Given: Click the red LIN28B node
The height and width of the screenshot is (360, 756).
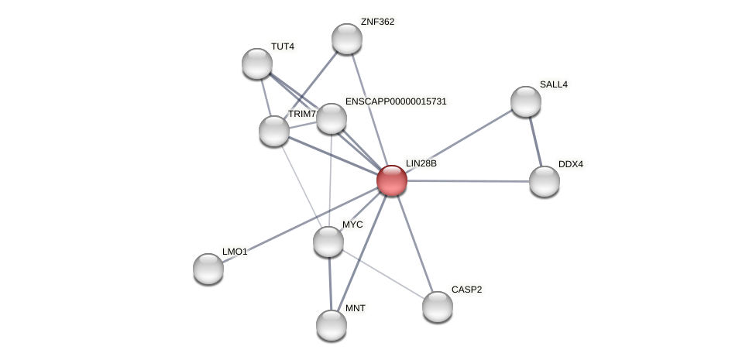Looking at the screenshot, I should coord(392,180).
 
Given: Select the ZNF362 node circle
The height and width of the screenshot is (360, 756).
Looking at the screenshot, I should coord(347,39).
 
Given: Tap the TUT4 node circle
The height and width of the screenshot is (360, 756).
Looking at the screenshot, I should coord(257,63).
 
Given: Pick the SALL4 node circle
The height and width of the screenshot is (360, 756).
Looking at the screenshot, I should coord(526,101).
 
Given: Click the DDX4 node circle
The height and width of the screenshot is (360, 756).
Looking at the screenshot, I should coord(545,181).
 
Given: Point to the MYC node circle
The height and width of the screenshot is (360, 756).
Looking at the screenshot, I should coord(328,242).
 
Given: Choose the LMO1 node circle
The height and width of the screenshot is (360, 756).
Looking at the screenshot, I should coord(208,269).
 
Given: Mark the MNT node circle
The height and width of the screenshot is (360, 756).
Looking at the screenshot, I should coord(332,325).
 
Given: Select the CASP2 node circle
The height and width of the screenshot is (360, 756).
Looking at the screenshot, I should coord(438,307).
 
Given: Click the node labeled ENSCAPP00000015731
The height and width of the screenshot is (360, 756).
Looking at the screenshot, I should coord(332,118).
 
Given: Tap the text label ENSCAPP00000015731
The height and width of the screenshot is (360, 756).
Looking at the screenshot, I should coord(396,101).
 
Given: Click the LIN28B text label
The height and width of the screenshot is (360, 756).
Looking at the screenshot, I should coord(421,163).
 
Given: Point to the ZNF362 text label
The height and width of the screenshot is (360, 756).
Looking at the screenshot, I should coord(377,22).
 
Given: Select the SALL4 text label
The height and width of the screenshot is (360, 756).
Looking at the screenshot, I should coord(553,84).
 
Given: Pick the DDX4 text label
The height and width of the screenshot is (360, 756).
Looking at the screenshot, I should coord(571,164).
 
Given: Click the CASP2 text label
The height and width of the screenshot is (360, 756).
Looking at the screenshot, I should coord(466,290).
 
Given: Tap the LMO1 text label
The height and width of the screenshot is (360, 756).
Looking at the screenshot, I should coord(235,252).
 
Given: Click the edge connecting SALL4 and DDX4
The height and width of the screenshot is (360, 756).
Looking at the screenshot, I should coord(535,141).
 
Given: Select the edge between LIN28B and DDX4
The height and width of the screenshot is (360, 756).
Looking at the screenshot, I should coord(469,181).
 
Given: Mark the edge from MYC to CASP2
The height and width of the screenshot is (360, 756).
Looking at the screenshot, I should coord(383,274).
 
